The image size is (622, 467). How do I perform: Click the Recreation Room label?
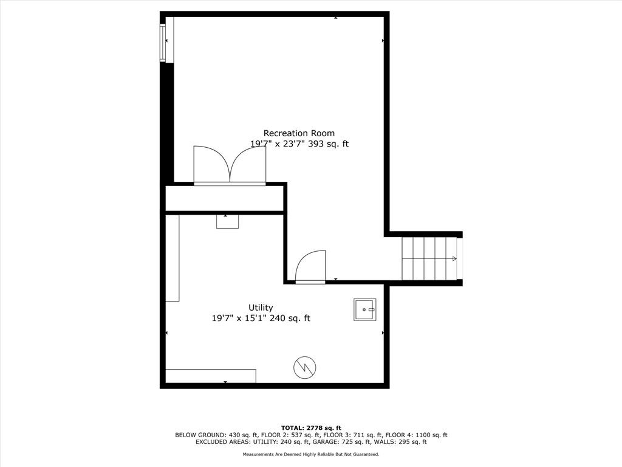[x=299, y=133]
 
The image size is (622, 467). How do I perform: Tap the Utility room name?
[x=261, y=308]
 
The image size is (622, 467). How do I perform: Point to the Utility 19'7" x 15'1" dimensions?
[x=241, y=318]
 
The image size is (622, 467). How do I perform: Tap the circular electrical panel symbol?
[x=305, y=368]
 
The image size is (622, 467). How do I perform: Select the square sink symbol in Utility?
[x=365, y=310]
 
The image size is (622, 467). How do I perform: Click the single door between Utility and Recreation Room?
[x=310, y=266]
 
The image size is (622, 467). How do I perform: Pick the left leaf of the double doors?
[x=211, y=165]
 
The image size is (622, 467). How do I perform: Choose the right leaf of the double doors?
[x=248, y=165]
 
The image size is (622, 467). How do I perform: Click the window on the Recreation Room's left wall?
[x=163, y=43]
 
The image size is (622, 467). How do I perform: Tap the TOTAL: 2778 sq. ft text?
[x=311, y=427]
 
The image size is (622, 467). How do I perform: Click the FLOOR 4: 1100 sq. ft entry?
[x=416, y=435]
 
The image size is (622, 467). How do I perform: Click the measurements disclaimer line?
[x=311, y=454]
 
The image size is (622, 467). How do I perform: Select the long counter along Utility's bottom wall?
[x=211, y=376]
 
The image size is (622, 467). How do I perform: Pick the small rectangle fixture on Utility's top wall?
[x=227, y=221]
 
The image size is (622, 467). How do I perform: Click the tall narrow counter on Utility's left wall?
[x=173, y=258]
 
